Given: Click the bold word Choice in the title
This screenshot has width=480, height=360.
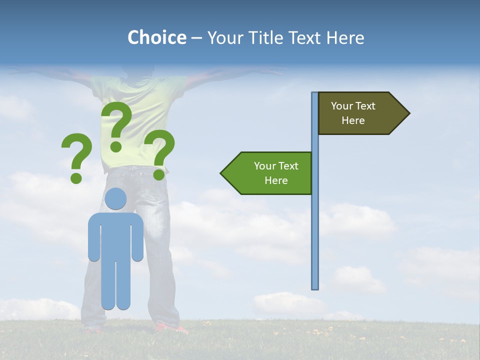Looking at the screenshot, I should click(156, 37).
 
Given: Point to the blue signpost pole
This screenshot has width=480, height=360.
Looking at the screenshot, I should click(315, 225).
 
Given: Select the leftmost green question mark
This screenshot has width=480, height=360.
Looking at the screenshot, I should click(76, 155).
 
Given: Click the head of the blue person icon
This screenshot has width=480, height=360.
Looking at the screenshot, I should click(115, 199).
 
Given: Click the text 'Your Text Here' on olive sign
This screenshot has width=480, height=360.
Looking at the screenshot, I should click(353, 113).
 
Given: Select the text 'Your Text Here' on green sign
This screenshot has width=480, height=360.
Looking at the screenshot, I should click(276, 173).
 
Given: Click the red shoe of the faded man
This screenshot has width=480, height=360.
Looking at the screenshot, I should click(170, 328).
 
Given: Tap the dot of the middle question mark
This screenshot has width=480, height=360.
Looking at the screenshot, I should click(116, 146).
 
